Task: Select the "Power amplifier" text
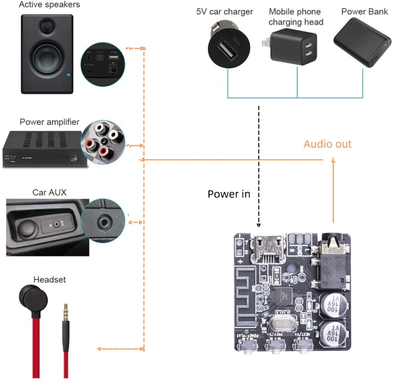[x=49, y=122]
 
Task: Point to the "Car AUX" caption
[x=49, y=191]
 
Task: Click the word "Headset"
[x=49, y=280]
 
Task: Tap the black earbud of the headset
[x=33, y=301]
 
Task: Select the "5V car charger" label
[x=224, y=12]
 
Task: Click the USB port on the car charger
[x=227, y=51]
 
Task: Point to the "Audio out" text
[x=327, y=144]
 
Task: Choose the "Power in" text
[x=229, y=194]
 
